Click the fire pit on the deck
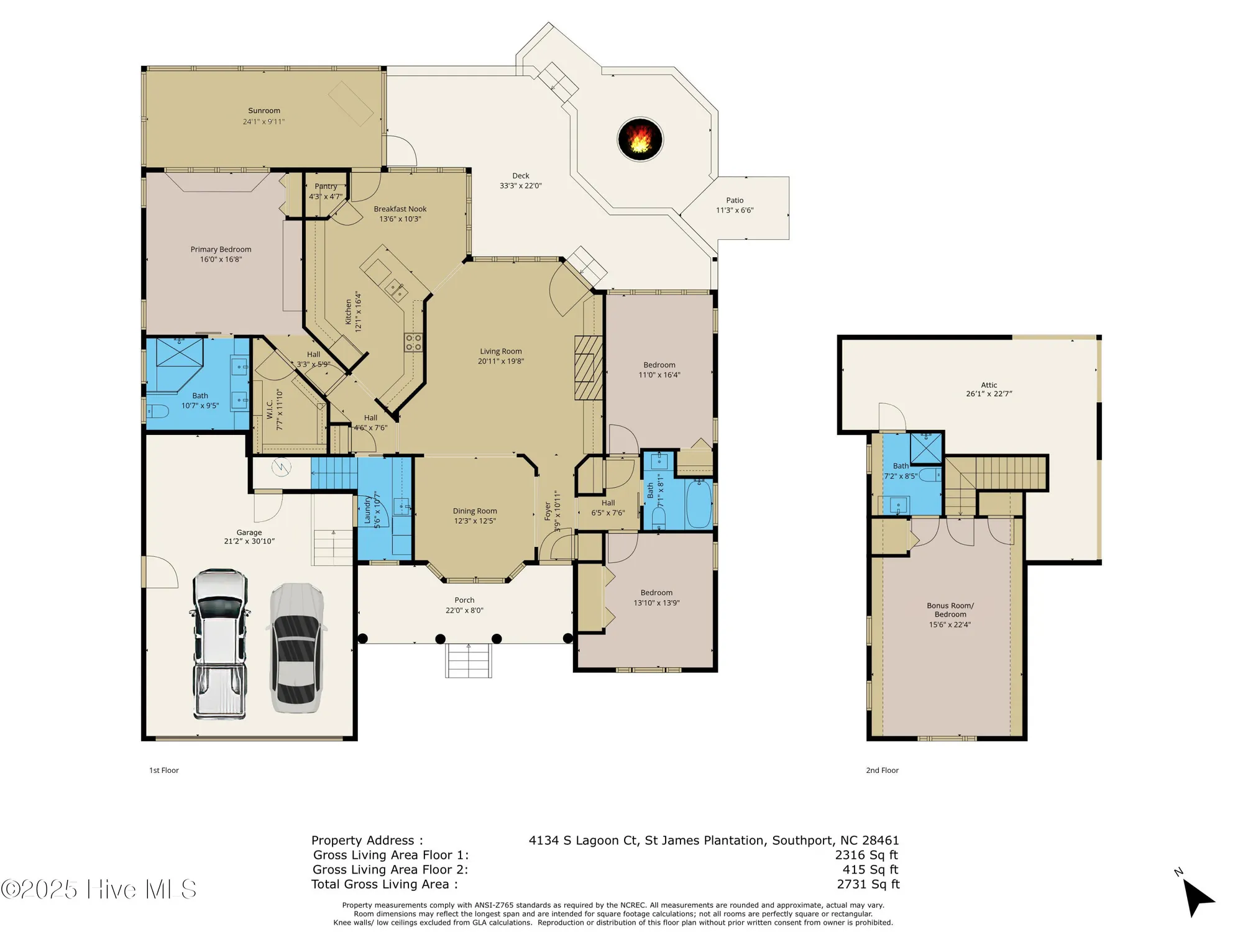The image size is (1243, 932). (640, 139)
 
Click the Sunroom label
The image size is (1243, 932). (264, 111)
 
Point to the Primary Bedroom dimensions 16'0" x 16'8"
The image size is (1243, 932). (221, 259)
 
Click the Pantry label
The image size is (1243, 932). (326, 186)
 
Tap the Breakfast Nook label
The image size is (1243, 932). (400, 209)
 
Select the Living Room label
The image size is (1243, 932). (500, 351)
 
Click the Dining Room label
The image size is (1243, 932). (475, 511)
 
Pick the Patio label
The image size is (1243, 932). (735, 200)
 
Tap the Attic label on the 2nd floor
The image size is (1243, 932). (989, 385)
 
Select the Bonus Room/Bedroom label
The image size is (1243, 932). (950, 610)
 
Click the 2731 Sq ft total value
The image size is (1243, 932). (868, 884)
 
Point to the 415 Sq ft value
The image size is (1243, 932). (870, 869)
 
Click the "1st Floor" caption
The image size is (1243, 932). (164, 770)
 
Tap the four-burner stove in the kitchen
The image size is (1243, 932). (413, 342)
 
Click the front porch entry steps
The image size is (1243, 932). (469, 660)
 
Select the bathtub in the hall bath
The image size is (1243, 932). (699, 504)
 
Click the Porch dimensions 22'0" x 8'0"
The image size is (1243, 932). (464, 610)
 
